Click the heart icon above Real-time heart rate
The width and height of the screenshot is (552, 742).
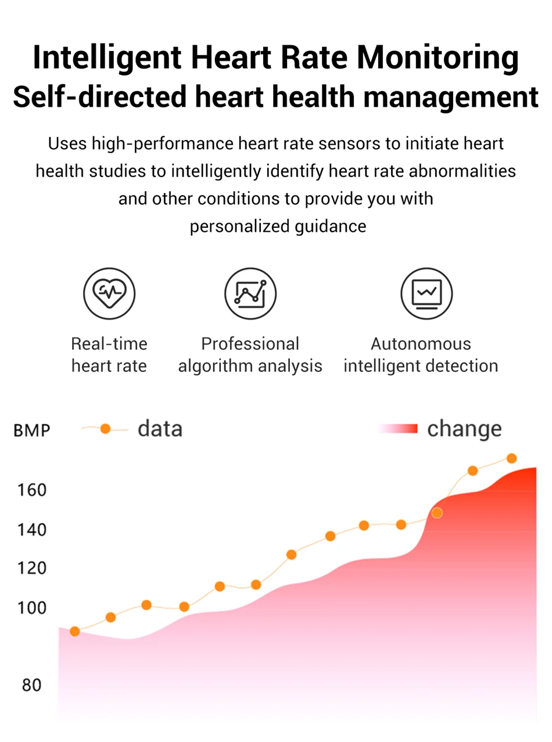109,293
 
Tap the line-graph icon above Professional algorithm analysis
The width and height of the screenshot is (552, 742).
250,293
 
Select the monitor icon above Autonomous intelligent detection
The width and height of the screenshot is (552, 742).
426,293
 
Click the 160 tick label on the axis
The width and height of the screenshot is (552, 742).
28,490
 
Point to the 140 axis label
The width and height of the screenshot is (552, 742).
28,529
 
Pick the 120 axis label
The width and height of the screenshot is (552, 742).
28,568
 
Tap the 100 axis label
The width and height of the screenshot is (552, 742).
28,607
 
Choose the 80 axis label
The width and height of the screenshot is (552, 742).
31,685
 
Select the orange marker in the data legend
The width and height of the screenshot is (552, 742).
105,429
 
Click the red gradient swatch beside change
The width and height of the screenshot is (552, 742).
398,429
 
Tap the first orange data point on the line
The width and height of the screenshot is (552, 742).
74,631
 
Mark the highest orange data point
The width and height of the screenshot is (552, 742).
512,458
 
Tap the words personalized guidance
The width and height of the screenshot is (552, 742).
278,226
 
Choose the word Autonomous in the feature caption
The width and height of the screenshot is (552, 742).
421,343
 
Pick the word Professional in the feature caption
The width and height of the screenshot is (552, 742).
250,343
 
